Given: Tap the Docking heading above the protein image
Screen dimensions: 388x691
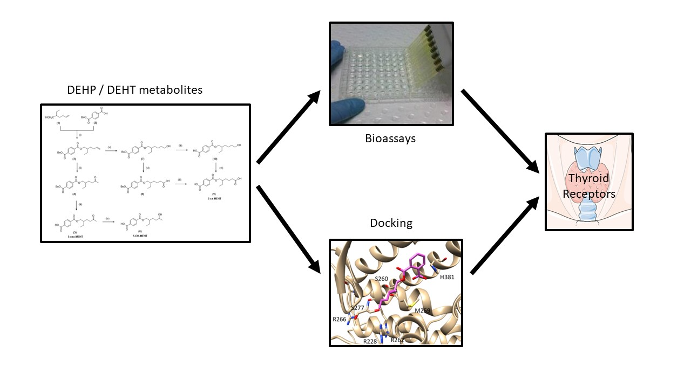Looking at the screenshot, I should [391, 223].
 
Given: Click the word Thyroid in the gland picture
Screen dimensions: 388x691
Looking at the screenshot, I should [588, 178].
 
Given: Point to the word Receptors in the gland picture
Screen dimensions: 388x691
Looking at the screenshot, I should [589, 193].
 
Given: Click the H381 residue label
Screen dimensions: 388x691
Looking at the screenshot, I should [447, 277].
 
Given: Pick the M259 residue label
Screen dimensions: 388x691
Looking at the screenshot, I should [423, 311].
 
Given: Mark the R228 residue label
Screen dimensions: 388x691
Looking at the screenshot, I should [370, 341].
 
